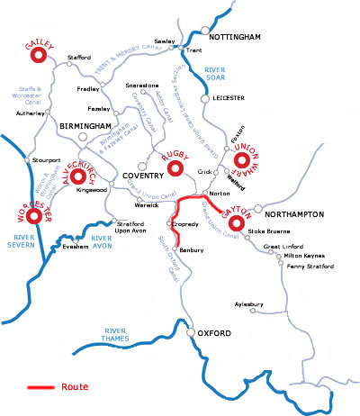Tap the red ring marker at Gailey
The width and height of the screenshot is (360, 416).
pos(39,56)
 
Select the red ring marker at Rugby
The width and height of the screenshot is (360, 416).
pos(177,171)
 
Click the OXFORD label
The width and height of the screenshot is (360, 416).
pos(213,334)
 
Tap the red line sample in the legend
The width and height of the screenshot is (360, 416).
pos(40,387)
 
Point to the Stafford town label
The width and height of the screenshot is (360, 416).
pos(79,58)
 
